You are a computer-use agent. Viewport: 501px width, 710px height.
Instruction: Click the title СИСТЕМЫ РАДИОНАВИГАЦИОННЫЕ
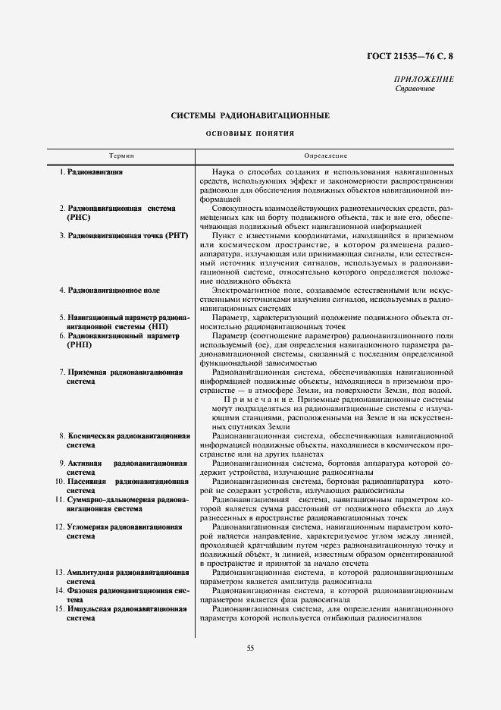click(250, 115)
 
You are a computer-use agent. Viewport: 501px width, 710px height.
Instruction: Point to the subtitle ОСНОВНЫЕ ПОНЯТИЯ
click(250, 134)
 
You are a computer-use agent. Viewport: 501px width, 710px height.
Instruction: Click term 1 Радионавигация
click(96, 173)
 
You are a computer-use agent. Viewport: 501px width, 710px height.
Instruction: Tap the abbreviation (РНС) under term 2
click(80, 217)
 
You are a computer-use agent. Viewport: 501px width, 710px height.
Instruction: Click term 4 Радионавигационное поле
click(114, 291)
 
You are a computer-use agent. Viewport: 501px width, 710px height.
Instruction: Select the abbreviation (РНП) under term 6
click(80, 344)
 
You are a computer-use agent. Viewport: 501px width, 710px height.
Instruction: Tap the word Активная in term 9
click(84, 463)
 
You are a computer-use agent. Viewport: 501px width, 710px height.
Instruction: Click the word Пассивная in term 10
click(87, 482)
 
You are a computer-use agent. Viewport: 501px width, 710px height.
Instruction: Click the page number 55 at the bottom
click(250, 647)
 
